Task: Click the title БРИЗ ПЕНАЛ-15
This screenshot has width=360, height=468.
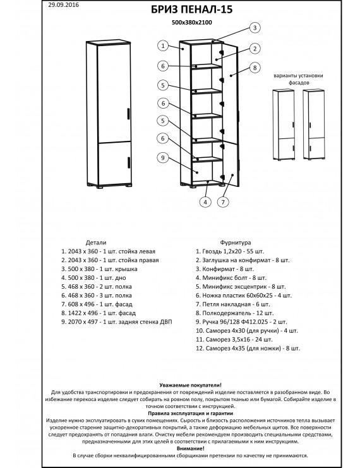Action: point(191,9)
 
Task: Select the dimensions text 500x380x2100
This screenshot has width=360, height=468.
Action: point(192,22)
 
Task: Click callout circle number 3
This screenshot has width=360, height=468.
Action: point(255,28)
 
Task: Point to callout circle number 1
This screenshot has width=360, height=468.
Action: point(163,46)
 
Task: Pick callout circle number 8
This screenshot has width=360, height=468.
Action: point(255,68)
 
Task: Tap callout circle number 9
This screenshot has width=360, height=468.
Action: point(163,158)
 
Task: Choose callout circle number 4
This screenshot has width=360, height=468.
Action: point(205,202)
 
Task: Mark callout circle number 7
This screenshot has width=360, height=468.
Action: point(223,202)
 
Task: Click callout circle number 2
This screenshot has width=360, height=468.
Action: point(255,49)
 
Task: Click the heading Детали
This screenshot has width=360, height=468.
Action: point(96,243)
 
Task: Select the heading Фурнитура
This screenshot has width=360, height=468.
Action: point(236,243)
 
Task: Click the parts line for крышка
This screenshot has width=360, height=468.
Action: point(99,269)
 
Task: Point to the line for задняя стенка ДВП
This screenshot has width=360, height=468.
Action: point(117,322)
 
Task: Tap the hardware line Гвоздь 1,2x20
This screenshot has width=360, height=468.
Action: point(230,251)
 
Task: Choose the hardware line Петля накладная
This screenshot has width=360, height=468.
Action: point(233,304)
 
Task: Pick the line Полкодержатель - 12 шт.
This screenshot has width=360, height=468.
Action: point(234,313)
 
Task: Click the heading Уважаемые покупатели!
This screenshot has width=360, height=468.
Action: point(191,385)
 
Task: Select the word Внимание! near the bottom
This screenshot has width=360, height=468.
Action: point(191,448)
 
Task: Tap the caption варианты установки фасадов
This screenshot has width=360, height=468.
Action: point(298,79)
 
